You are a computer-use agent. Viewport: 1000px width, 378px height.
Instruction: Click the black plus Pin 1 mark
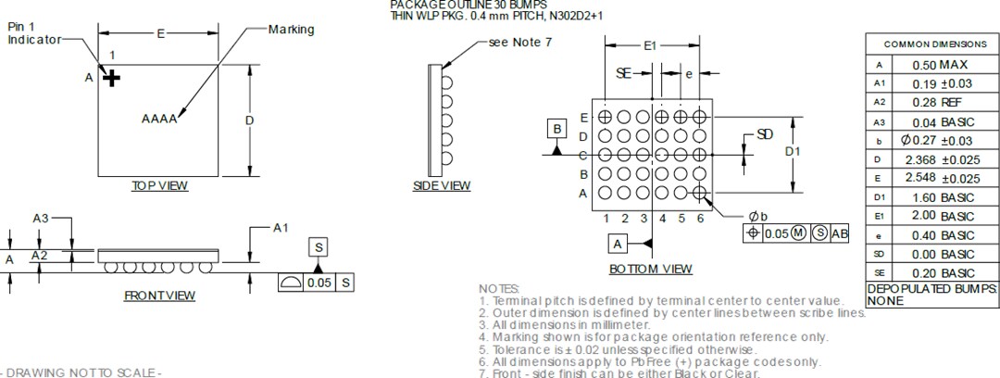pyautogui.click(x=112, y=79)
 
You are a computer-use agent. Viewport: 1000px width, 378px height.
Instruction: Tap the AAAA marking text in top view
pyautogui.click(x=159, y=119)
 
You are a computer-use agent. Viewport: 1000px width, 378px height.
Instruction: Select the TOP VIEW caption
pyautogui.click(x=159, y=186)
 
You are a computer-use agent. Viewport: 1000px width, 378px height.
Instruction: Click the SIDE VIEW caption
pyautogui.click(x=442, y=186)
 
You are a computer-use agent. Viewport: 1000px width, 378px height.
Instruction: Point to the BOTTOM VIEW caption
pyautogui.click(x=650, y=270)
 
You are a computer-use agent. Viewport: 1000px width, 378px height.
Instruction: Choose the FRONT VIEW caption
pyautogui.click(x=159, y=296)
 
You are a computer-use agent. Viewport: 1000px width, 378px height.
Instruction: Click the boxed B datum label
pyautogui.click(x=557, y=129)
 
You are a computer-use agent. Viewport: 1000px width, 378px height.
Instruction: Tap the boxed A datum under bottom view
pyautogui.click(x=619, y=243)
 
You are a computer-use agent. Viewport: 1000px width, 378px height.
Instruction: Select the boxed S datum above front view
pyautogui.click(x=319, y=247)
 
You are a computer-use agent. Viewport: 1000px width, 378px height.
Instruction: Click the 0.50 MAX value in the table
pyautogui.click(x=939, y=65)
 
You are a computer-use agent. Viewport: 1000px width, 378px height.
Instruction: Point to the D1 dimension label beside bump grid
pyautogui.click(x=793, y=151)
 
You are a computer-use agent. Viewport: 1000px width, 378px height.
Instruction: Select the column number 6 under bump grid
pyautogui.click(x=700, y=219)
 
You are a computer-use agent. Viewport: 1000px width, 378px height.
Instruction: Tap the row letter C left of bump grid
pyautogui.click(x=583, y=155)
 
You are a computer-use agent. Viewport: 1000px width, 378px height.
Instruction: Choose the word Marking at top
pyautogui.click(x=291, y=30)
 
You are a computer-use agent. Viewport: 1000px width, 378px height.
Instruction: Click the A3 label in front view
pyautogui.click(x=41, y=218)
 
